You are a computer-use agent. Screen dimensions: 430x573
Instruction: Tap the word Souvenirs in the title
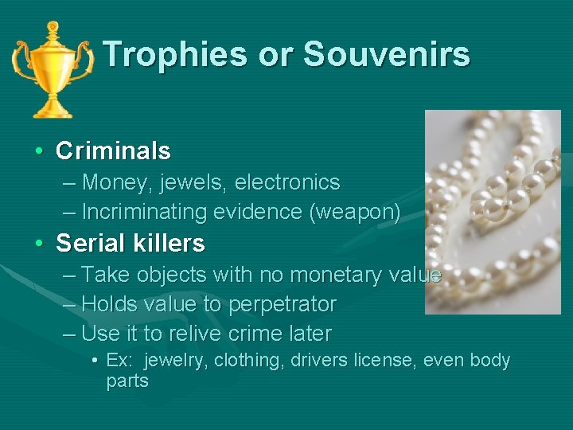coord(387,54)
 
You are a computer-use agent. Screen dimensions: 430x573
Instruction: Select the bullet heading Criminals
coord(113,150)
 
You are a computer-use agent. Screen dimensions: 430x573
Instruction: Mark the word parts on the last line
coord(127,381)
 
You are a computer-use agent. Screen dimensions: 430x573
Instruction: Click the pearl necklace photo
coord(493,199)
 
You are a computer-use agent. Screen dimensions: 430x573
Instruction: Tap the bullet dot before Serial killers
coord(38,244)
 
